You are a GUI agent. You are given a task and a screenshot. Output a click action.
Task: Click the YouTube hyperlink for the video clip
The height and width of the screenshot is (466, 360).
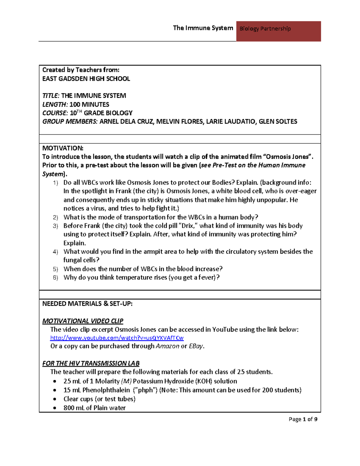[117, 338]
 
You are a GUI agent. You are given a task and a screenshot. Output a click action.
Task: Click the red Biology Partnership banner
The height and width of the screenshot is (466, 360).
[278, 31]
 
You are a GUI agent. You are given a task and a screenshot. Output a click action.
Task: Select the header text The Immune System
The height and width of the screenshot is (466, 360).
[203, 28]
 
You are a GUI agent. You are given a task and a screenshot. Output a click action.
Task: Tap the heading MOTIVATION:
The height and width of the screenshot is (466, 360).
[63, 148]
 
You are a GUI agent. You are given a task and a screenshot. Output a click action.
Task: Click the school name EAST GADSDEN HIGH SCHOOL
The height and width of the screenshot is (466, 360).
[86, 79]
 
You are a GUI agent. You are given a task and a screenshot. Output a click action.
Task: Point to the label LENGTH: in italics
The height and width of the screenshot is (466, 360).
[55, 104]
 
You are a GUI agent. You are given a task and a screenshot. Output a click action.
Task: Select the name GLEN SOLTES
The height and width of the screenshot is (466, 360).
[278, 122]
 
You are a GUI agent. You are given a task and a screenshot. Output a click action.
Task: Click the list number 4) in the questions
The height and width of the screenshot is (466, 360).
[55, 252]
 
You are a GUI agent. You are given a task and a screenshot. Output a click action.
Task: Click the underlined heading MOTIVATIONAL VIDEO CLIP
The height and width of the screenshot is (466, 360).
[83, 321]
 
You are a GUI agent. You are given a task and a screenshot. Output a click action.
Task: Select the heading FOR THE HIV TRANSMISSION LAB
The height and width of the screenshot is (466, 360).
[91, 363]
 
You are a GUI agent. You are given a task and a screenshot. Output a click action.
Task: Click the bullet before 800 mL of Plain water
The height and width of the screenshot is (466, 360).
[55, 408]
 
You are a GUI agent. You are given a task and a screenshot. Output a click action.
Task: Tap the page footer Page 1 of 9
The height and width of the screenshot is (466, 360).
[303, 419]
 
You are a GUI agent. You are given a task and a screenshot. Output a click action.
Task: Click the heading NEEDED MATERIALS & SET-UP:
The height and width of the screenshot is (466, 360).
[87, 304]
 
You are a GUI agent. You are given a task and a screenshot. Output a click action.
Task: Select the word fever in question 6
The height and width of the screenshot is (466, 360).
[207, 278]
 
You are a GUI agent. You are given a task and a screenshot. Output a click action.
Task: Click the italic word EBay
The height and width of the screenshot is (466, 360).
[196, 346]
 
